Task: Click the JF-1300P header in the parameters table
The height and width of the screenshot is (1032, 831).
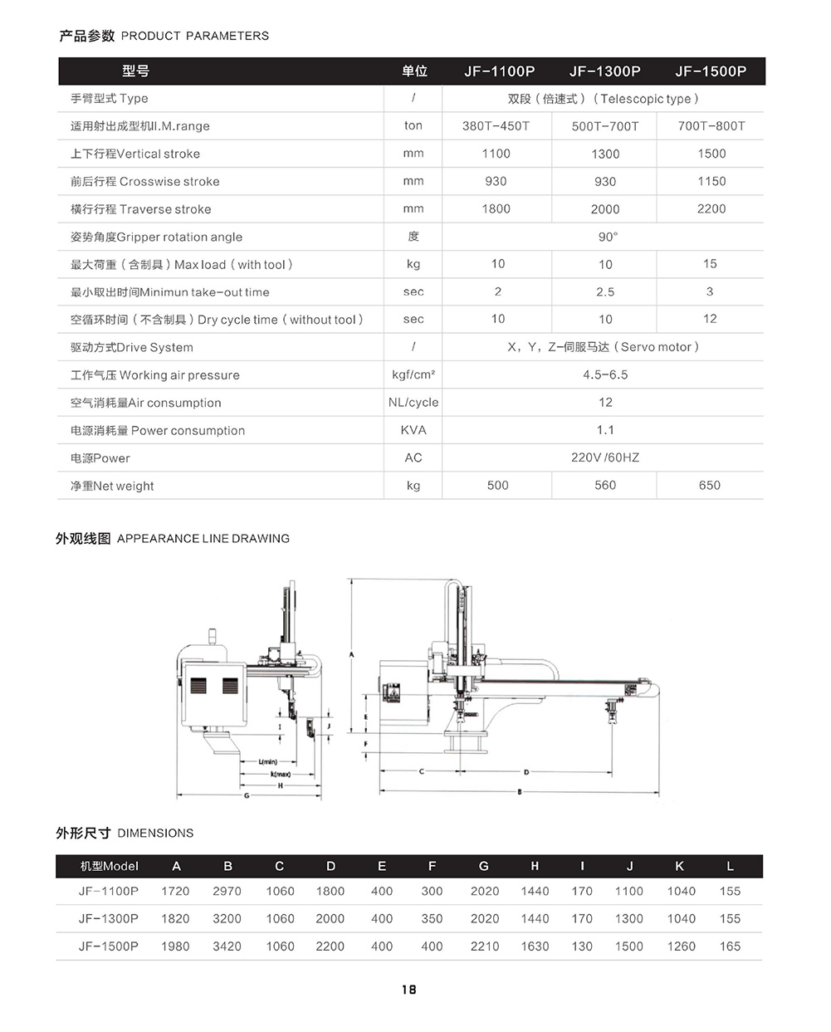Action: tap(604, 71)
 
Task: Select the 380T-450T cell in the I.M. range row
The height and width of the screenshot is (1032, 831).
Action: tap(496, 126)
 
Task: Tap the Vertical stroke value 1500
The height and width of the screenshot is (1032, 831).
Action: tap(711, 154)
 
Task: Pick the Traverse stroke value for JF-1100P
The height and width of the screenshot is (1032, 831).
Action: tap(496, 209)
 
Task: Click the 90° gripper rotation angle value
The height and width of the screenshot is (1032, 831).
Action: tap(607, 237)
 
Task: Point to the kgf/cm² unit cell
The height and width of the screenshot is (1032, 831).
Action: tap(413, 374)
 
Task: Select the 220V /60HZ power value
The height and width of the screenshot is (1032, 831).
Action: tap(604, 457)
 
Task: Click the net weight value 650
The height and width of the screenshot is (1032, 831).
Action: tap(709, 486)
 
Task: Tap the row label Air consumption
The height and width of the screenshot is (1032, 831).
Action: tap(146, 403)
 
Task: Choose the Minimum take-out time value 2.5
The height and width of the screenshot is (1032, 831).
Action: tap(604, 292)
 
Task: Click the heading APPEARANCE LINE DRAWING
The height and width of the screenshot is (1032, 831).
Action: tap(203, 539)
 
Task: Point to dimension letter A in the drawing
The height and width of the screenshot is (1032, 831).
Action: tap(351, 655)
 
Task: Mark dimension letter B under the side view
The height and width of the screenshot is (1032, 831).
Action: tap(520, 792)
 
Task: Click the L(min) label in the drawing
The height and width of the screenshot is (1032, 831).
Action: tap(267, 762)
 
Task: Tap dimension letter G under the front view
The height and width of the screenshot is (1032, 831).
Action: tap(247, 795)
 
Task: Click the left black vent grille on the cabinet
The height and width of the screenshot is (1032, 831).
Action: tap(198, 686)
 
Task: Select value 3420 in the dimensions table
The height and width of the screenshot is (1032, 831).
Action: tap(227, 946)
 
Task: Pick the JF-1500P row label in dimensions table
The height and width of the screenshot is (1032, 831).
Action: tap(109, 946)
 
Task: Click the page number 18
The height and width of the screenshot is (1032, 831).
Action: tap(408, 990)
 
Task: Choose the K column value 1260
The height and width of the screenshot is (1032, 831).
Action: tap(681, 946)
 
